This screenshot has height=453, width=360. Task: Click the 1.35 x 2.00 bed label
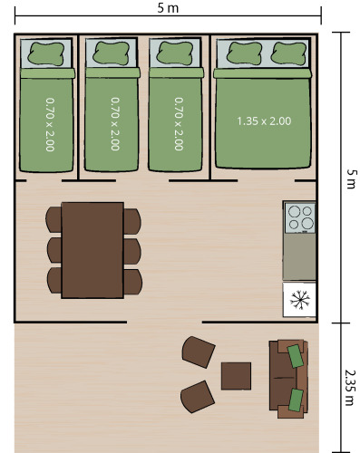(x=264, y=121)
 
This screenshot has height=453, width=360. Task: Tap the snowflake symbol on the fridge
(x=299, y=300)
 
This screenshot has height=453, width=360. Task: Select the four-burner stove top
(x=300, y=217)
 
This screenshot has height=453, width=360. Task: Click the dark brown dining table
(x=92, y=250)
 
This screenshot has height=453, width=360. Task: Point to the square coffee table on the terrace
(x=236, y=376)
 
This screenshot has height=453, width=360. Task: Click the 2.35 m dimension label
(x=350, y=387)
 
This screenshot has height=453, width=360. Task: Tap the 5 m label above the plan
(x=168, y=8)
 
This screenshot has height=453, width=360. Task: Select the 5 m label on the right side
(x=351, y=178)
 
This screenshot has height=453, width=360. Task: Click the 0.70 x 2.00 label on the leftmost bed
(x=50, y=124)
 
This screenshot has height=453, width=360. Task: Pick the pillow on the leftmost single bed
(x=46, y=53)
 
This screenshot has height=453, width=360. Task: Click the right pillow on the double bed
(x=288, y=53)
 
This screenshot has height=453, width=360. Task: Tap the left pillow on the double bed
(x=244, y=53)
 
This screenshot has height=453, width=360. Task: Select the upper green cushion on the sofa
(x=296, y=356)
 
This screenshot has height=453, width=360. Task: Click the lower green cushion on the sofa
(x=296, y=400)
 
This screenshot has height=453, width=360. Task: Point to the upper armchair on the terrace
(x=198, y=352)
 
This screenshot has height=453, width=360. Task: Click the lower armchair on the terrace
(x=198, y=397)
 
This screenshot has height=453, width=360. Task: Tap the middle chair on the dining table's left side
(x=54, y=250)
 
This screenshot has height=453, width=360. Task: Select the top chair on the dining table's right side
(x=132, y=221)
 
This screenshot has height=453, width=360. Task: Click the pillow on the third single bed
(x=175, y=53)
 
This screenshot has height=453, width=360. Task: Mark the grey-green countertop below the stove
(x=299, y=256)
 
